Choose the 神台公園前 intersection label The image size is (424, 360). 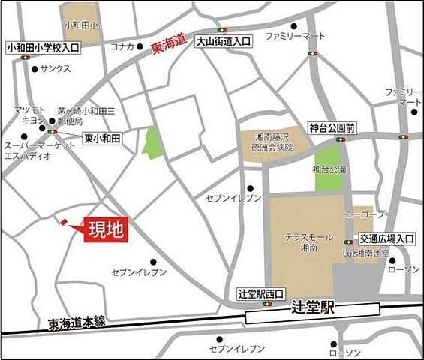pyautogui.click(x=332, y=128)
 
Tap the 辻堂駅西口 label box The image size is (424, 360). pyautogui.click(x=260, y=293)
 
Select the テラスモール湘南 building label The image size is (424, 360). pyautogui.click(x=302, y=241)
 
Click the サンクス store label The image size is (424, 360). pyautogui.click(x=58, y=68)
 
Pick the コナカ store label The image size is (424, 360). pyautogui.click(x=122, y=46)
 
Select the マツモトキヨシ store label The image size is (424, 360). pyautogui.click(x=31, y=115)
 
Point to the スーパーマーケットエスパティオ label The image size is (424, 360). pyautogui.click(x=29, y=150)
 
